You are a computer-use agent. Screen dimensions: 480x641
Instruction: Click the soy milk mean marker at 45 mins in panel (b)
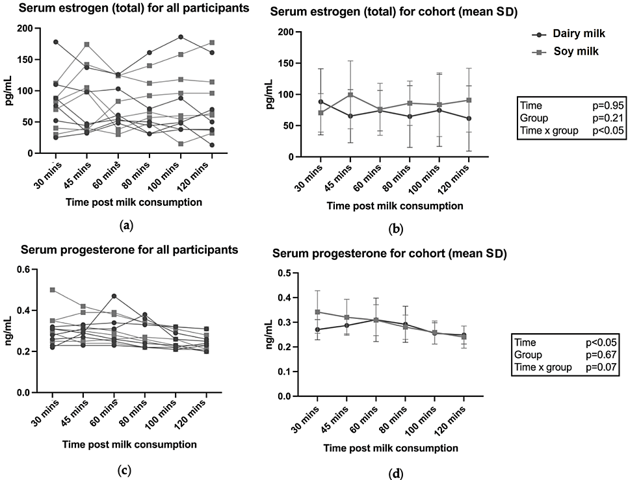[x=350, y=95]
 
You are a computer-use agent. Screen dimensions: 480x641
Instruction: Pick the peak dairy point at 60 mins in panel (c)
[x=114, y=296]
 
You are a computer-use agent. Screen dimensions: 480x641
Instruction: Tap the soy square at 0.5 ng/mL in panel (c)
[x=52, y=290]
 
